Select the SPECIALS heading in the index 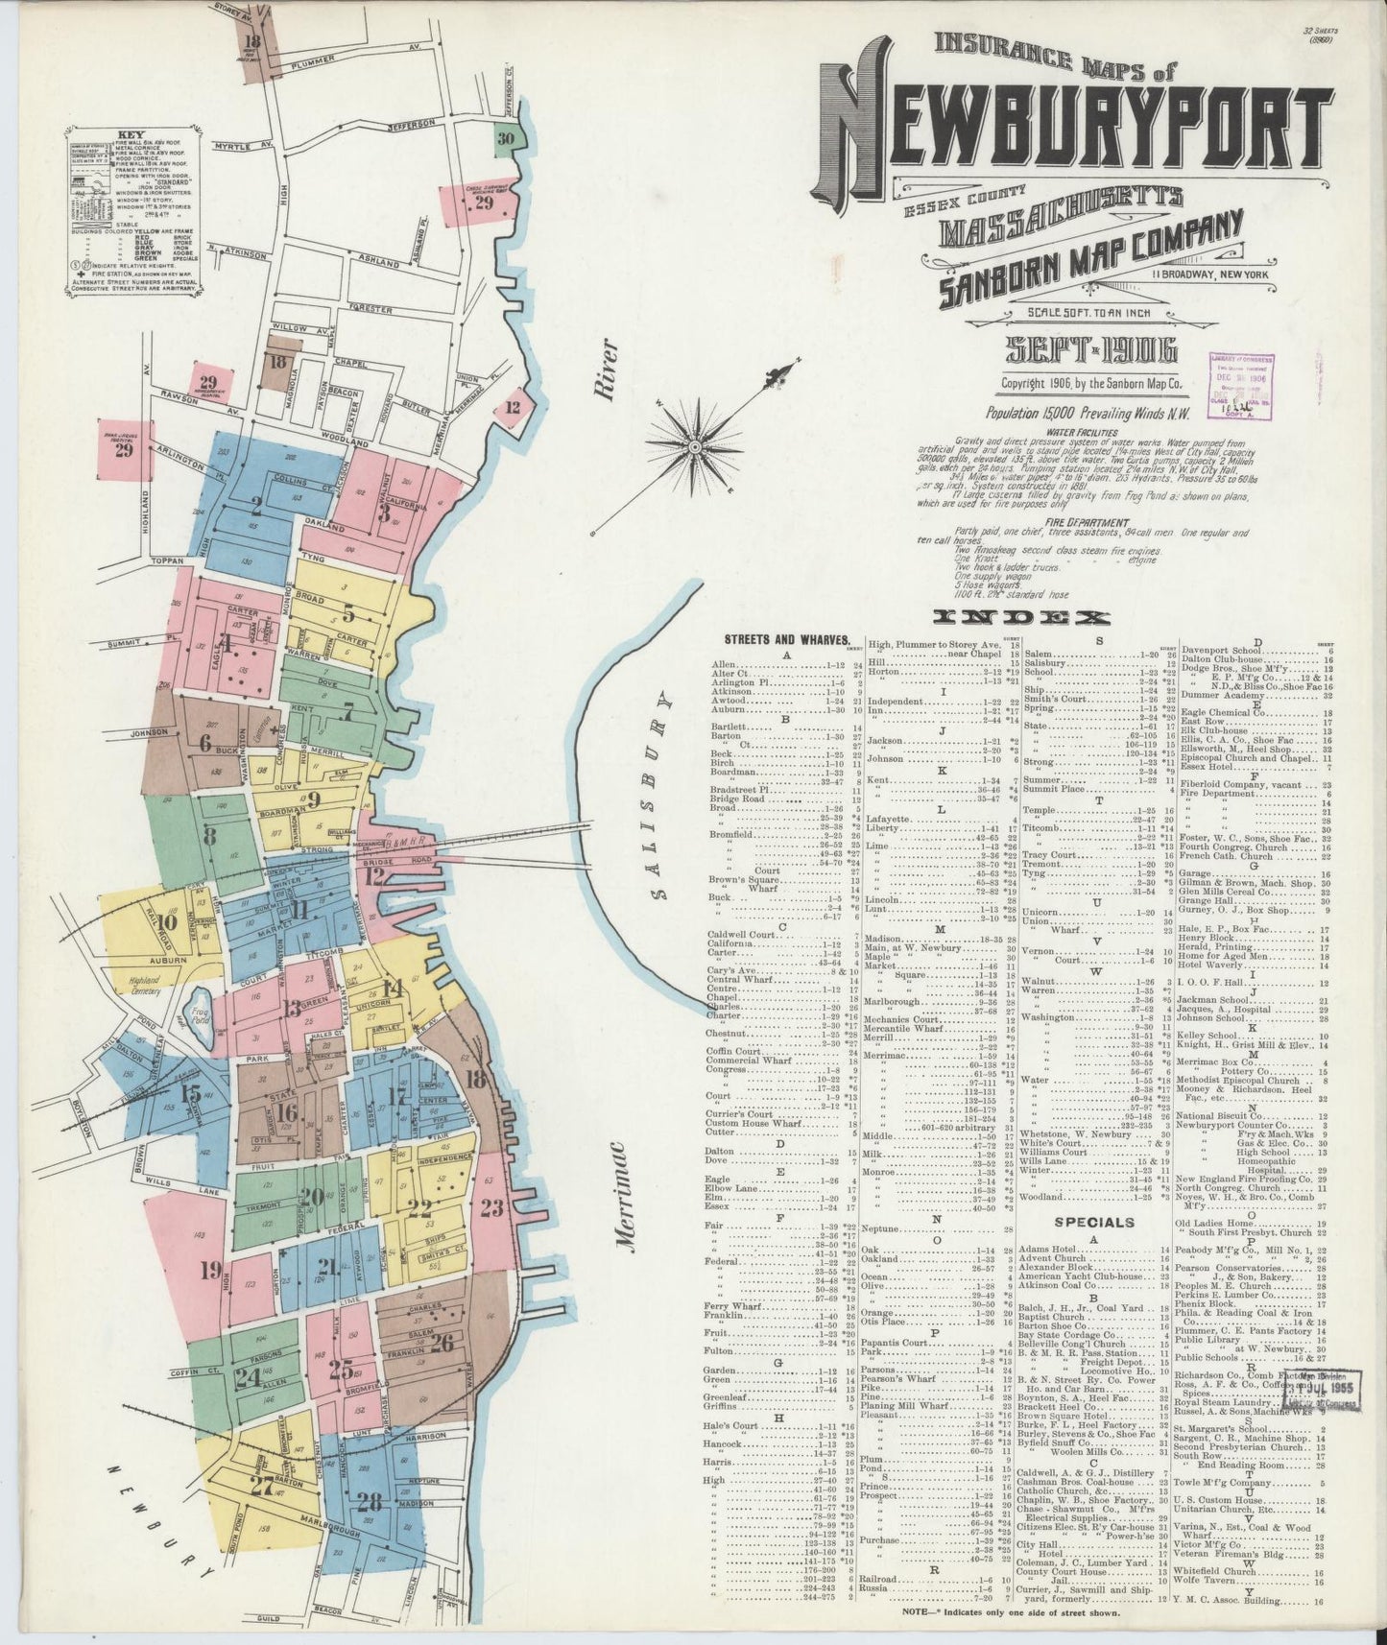coord(1094,1222)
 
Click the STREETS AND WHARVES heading coord(786,639)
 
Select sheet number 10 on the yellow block coord(168,923)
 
